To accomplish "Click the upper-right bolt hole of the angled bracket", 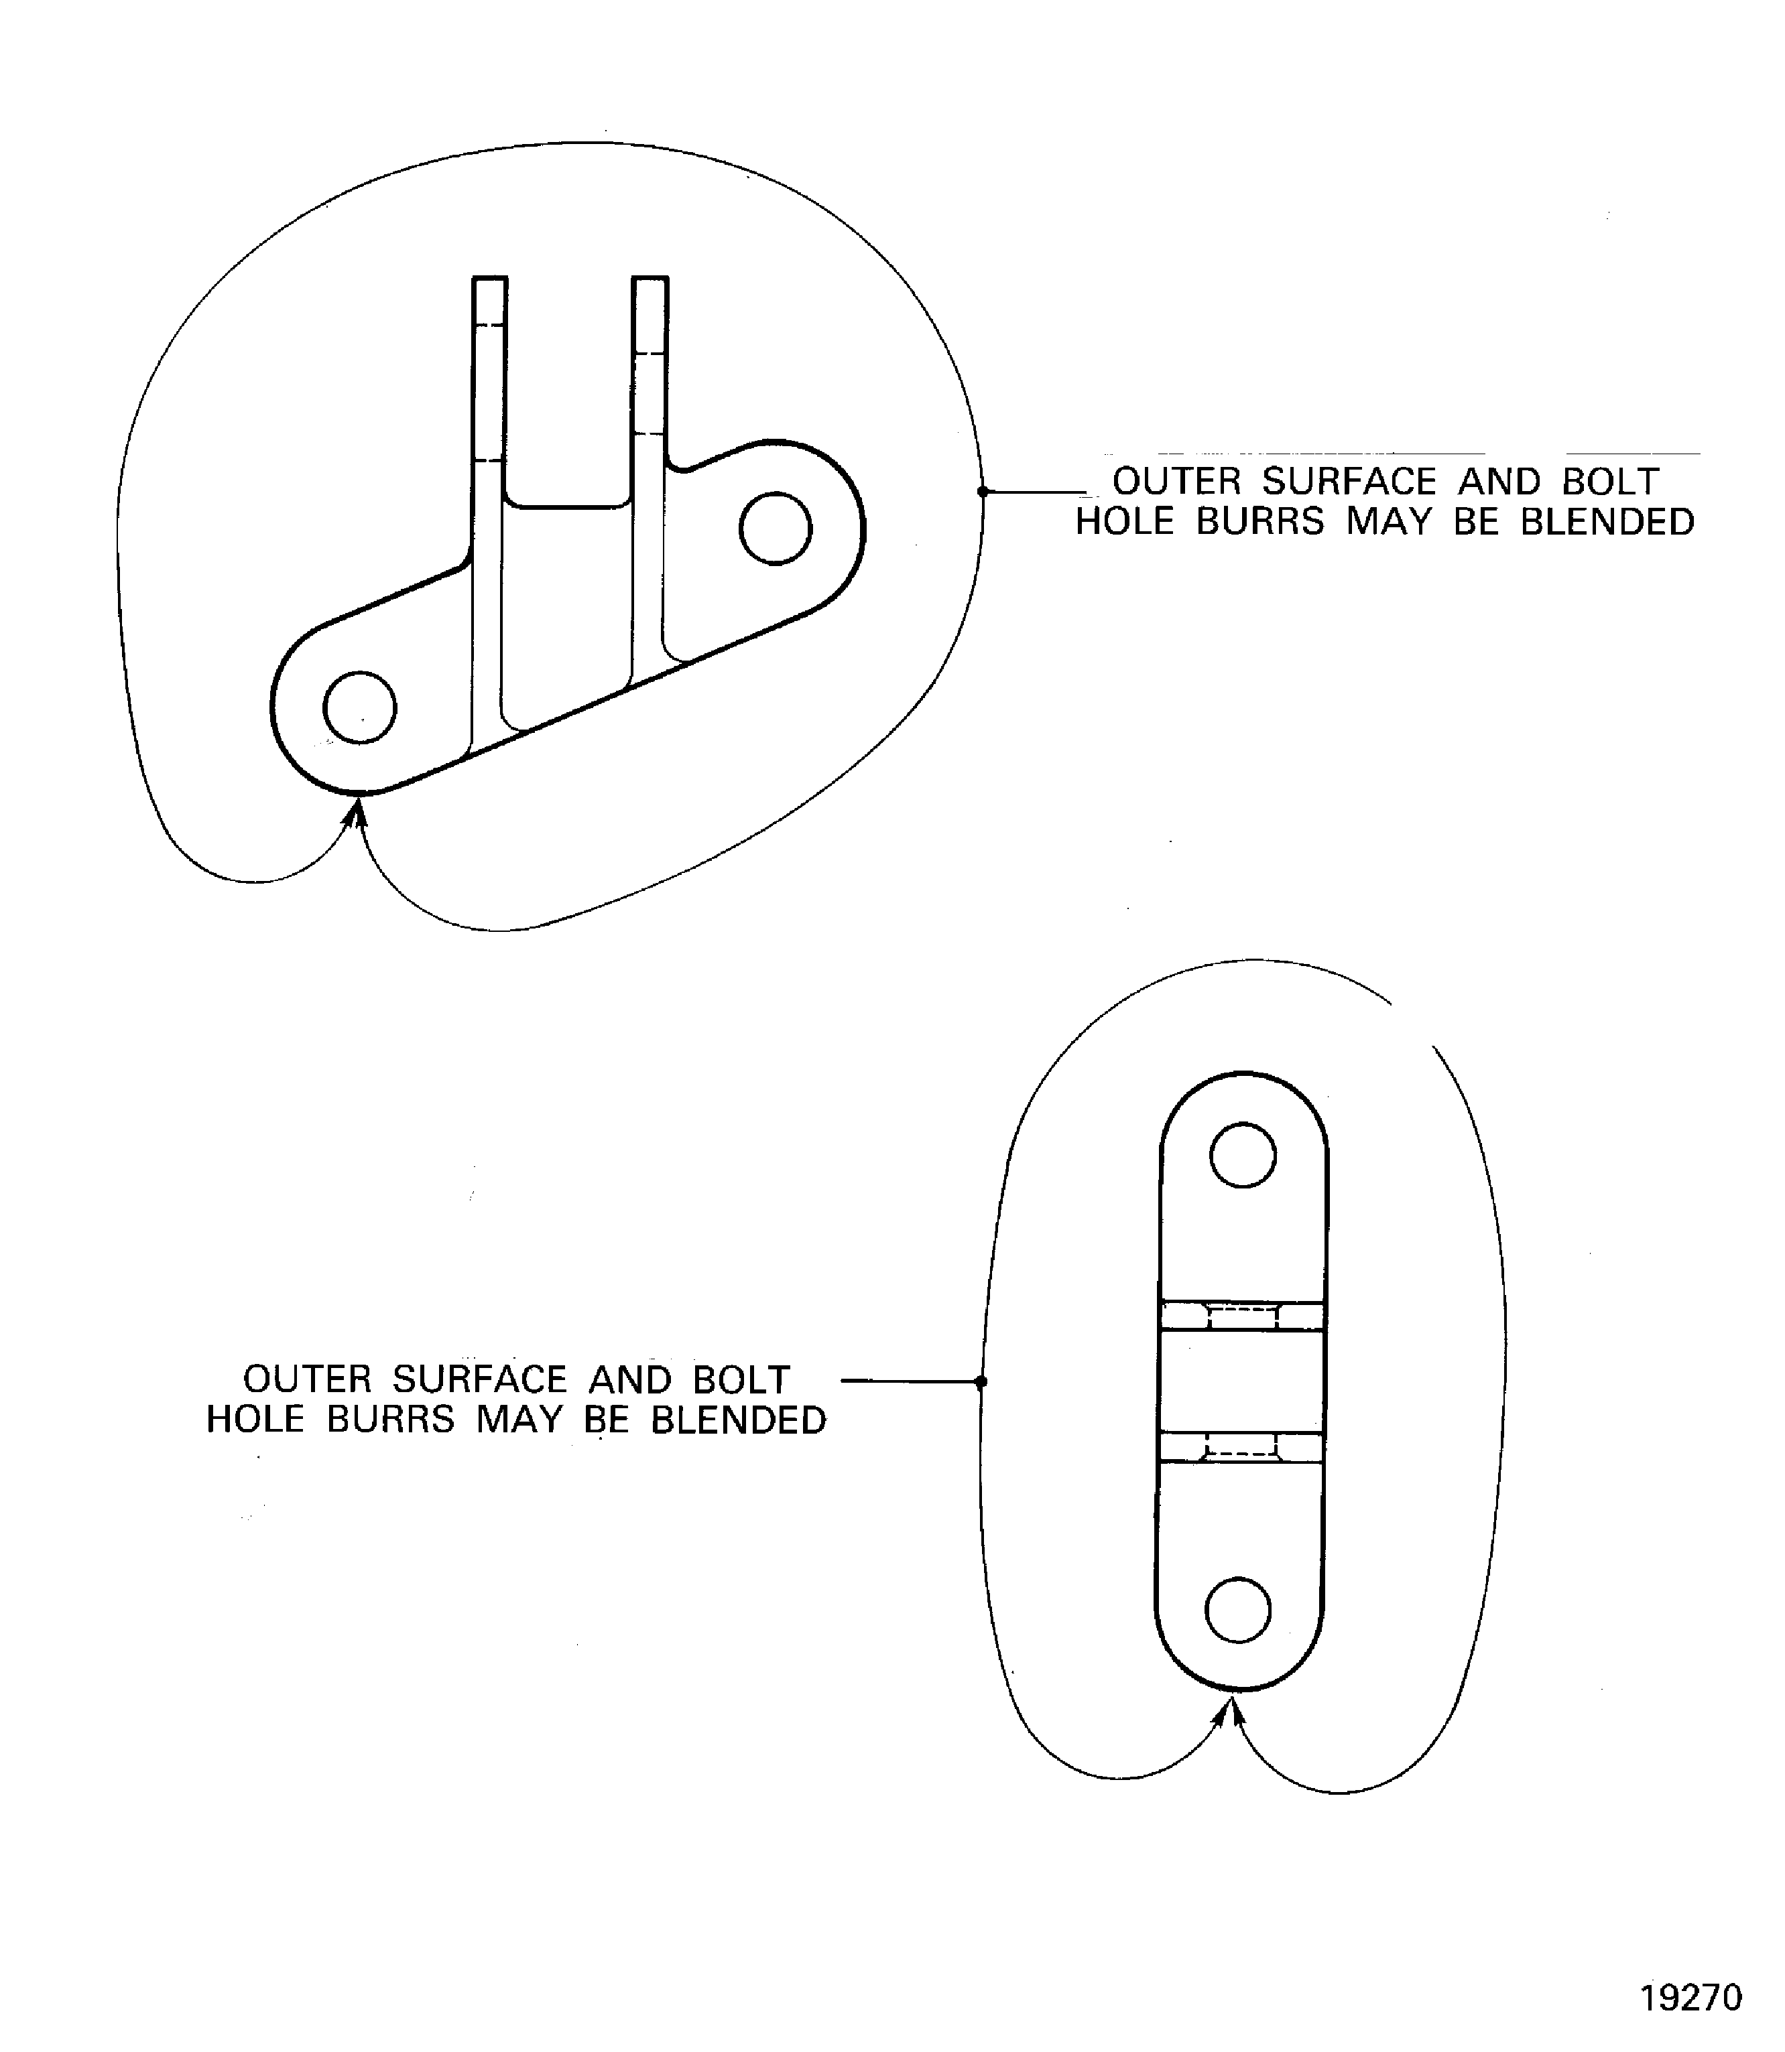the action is [x=775, y=528].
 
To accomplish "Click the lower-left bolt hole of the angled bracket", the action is [x=359, y=707].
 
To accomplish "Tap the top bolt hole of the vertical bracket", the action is [x=1242, y=1155].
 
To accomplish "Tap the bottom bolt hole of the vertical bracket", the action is [x=1238, y=1609].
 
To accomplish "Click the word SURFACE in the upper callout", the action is [x=1350, y=482].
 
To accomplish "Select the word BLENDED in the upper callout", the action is [x=1607, y=522].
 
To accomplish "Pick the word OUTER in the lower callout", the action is [x=308, y=1380].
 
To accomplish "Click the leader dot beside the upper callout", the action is [x=982, y=491].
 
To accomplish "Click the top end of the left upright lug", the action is [x=489, y=278].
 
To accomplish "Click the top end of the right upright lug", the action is [x=650, y=278].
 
